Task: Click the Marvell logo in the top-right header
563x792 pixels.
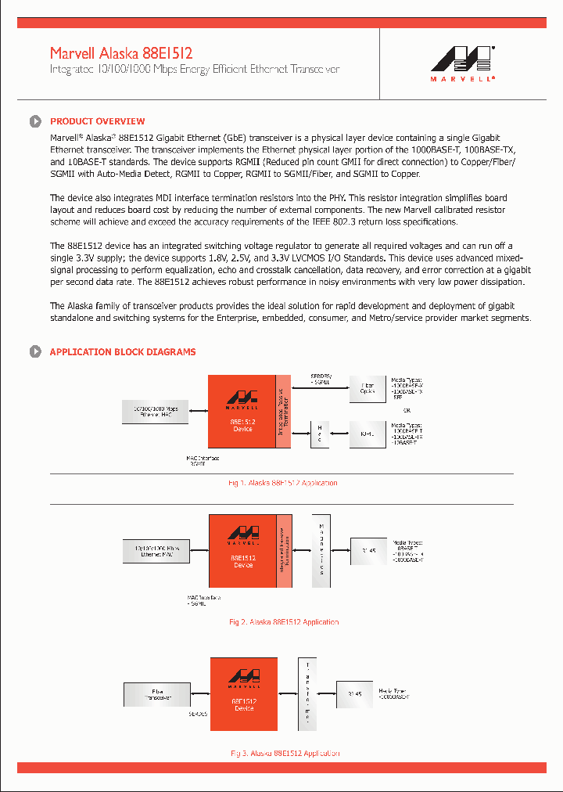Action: point(462,63)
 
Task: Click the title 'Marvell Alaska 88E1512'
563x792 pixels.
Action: point(121,53)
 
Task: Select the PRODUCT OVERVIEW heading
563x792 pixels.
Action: point(97,121)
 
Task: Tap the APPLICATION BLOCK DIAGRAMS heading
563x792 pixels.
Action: point(123,352)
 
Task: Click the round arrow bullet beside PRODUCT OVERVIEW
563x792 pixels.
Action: point(35,121)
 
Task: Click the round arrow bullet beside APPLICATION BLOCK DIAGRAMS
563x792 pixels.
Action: point(35,352)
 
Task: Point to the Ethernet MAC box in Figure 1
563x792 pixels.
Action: point(156,412)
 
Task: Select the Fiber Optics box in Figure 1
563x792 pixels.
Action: point(367,388)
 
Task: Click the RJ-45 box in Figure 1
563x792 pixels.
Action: point(367,433)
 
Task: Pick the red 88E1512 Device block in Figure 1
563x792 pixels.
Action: point(242,414)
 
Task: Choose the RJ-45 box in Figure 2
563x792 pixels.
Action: point(368,551)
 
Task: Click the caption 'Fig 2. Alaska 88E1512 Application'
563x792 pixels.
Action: point(284,622)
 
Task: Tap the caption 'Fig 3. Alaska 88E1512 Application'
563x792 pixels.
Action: point(285,753)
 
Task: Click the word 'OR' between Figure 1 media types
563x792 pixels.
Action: point(406,409)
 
